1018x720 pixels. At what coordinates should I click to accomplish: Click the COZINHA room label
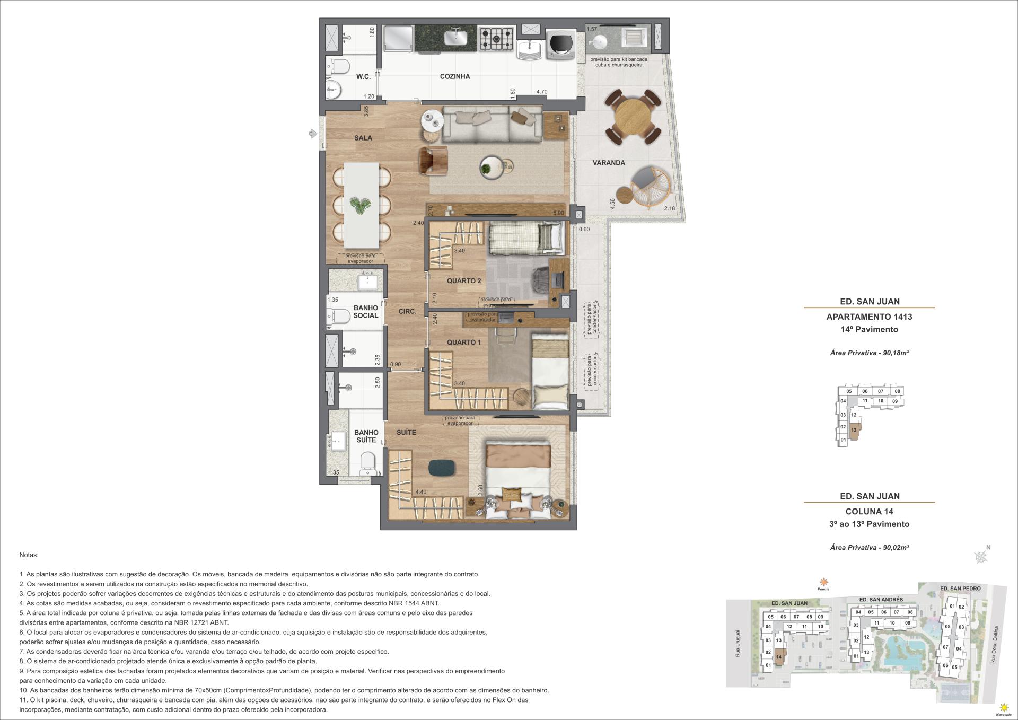tap(455, 76)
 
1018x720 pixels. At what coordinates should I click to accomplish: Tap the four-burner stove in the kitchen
tap(497, 39)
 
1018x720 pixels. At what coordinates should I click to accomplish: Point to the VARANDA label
tap(609, 163)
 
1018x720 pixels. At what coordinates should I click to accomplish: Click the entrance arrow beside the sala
tap(313, 134)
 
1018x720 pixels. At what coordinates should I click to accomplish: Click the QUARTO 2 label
tap(464, 281)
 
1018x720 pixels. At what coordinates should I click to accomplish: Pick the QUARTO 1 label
tap(464, 343)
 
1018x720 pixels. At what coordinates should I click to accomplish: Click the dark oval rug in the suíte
tap(442, 467)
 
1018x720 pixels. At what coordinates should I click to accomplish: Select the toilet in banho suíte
tap(367, 464)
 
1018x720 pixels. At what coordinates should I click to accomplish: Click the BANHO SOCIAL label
tap(366, 312)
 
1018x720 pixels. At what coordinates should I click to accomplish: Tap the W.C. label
tap(363, 77)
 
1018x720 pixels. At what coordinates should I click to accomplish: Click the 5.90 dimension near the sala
tap(558, 213)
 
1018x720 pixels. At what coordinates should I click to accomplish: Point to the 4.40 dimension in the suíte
tap(420, 492)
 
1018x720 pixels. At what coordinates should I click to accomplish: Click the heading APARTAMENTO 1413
tap(869, 317)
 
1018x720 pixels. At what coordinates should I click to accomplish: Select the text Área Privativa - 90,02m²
tap(870, 547)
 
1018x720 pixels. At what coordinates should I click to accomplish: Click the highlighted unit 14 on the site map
tap(778, 656)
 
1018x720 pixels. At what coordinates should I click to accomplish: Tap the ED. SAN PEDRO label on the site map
tap(960, 588)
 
